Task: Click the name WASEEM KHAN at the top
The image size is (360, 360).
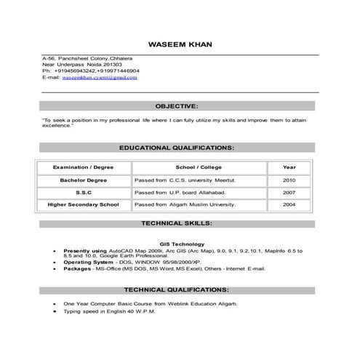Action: click(x=180, y=44)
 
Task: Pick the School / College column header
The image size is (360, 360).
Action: click(x=199, y=167)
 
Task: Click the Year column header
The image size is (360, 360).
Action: click(x=289, y=167)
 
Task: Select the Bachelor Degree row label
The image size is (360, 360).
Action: click(x=83, y=180)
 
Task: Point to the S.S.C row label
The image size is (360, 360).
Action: click(x=83, y=193)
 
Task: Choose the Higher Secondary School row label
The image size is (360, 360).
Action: click(x=83, y=205)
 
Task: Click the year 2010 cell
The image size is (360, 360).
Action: click(x=289, y=180)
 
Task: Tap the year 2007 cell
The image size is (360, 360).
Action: click(x=289, y=193)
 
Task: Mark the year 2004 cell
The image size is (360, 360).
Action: click(x=289, y=205)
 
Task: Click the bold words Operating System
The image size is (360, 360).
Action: click(x=86, y=262)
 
